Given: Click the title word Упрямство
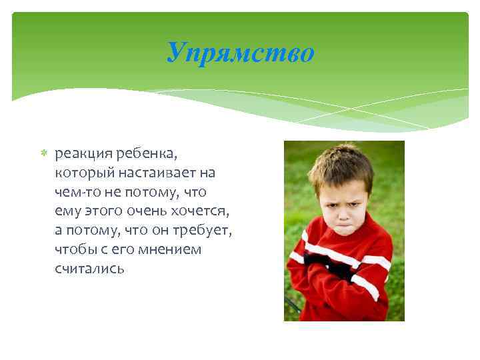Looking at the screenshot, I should point(240,53).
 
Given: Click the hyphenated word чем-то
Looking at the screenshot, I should point(75,192).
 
